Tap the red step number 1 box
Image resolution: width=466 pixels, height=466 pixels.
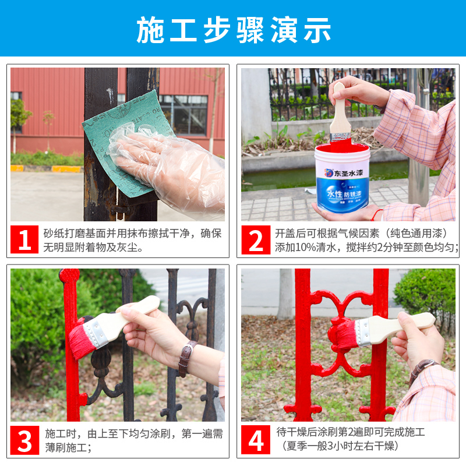point(25,239)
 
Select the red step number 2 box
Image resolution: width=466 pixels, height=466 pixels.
point(256,239)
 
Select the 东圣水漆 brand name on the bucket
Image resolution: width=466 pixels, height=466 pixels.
point(347,172)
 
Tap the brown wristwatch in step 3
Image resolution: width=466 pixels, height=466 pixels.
point(186,357)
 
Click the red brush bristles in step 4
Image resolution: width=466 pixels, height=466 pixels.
point(341,334)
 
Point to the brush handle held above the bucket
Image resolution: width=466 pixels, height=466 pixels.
point(338,111)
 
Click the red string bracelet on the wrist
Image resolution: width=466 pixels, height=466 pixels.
point(377,214)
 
